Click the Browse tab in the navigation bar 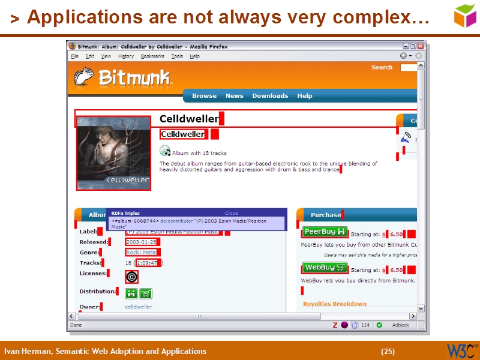point(204,96)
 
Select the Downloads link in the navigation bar point(270,96)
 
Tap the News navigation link point(234,96)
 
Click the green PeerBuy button point(325,232)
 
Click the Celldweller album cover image point(113,153)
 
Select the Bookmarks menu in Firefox point(152,56)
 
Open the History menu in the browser point(126,56)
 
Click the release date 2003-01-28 point(141,242)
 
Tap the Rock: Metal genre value point(141,253)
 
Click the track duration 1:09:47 point(147,263)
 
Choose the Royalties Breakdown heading point(334,304)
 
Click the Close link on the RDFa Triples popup point(231,213)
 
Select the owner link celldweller point(139,307)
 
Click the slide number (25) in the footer point(388,352)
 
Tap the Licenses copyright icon point(132,277)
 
